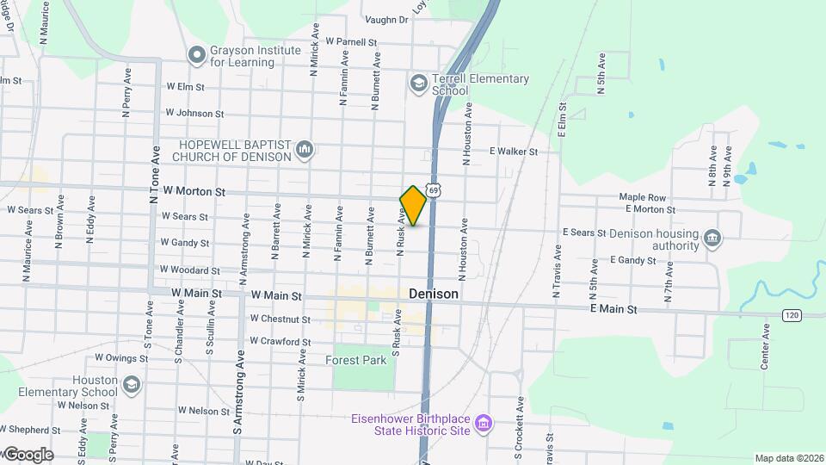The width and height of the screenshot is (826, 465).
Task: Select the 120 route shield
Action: pos(792,316)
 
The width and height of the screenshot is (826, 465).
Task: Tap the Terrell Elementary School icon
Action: pos(419,84)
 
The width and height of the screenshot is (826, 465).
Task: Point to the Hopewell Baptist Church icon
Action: pos(304,151)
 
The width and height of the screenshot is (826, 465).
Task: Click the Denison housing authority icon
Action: pos(712,239)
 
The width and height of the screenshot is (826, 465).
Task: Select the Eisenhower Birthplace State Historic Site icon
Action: pos(484,424)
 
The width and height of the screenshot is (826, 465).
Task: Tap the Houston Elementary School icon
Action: pos(131,384)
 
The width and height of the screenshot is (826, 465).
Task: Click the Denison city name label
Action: pos(434,294)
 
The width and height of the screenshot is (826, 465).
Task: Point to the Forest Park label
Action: pos(356,360)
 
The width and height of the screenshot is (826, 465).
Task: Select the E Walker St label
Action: pos(513,152)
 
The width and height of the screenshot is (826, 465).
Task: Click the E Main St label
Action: pos(613,308)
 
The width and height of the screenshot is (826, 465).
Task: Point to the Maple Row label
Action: pos(643,197)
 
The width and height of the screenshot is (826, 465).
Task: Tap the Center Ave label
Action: pos(765,347)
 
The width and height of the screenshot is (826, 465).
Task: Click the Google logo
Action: pos(28,455)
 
